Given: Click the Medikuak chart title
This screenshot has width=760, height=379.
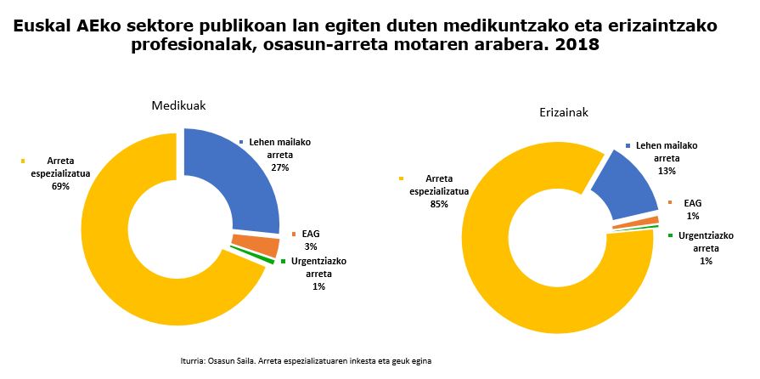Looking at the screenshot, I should tap(178, 105).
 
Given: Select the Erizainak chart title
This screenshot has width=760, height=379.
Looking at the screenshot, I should tap(563, 111).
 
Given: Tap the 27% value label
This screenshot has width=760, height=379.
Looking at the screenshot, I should tap(279, 167).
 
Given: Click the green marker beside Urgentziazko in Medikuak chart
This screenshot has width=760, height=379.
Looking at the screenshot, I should tap(283, 261).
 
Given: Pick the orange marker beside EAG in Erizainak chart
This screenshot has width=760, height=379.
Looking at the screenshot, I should tap(670, 202).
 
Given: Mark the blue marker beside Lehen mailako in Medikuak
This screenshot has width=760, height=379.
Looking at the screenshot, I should tap(241, 141).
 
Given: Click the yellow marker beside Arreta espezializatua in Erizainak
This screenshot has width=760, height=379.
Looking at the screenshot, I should tap(400, 178).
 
